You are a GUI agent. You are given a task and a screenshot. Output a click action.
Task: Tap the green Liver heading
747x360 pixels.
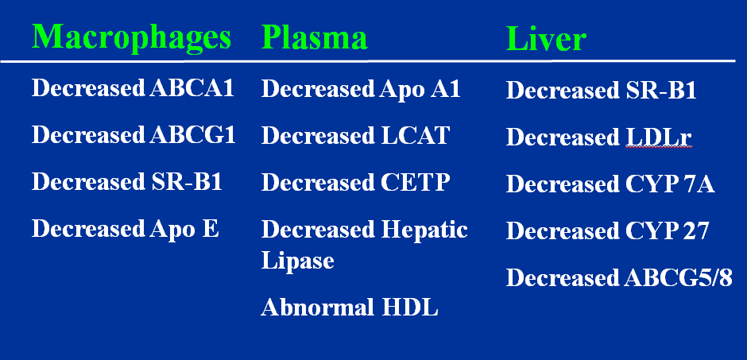pos(546,39)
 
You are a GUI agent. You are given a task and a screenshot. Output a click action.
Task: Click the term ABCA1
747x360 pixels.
pos(192,88)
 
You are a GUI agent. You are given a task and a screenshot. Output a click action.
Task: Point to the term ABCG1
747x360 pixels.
pos(192,135)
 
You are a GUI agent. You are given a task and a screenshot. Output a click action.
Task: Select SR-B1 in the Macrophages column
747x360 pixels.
pos(184,181)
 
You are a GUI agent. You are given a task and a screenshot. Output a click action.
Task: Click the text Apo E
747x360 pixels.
pos(184,229)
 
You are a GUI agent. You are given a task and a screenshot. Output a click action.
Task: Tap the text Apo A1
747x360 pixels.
pos(420,89)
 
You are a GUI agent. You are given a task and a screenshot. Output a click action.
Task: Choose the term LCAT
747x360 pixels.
pos(415,135)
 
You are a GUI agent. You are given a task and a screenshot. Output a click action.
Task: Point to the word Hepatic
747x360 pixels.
pos(424,230)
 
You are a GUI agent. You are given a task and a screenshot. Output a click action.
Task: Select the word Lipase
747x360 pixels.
pos(298,261)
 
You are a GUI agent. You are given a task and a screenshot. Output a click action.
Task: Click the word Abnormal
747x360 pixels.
pos(317,307)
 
